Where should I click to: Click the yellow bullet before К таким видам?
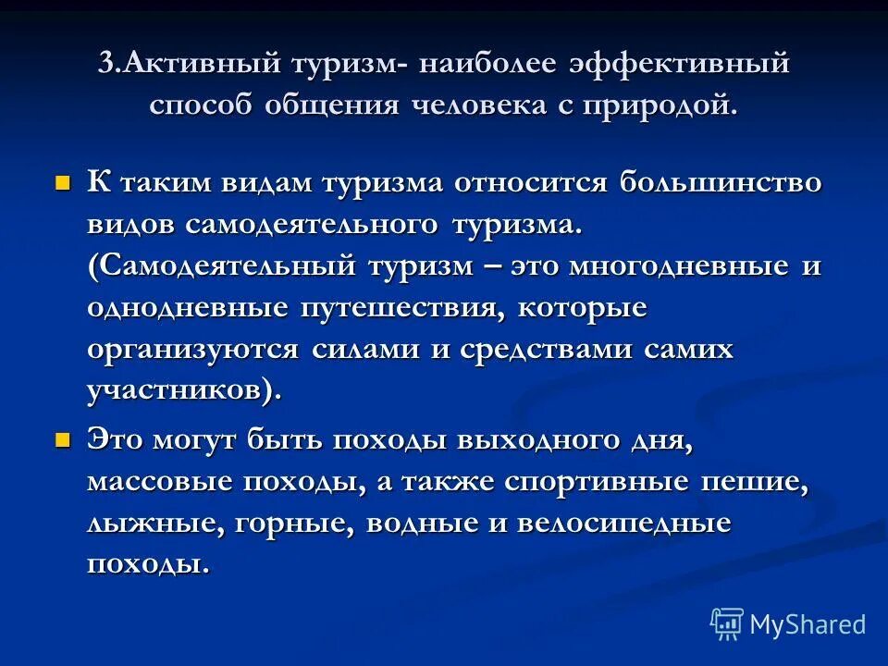(63, 181)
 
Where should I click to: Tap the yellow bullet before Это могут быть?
(63, 439)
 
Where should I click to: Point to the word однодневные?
(185, 308)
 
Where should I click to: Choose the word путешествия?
(403, 308)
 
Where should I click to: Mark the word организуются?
(192, 351)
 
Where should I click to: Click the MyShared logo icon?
(726, 623)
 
